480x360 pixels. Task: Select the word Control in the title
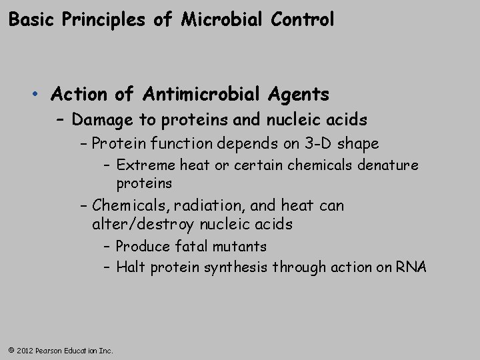point(303,20)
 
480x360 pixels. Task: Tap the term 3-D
point(317,143)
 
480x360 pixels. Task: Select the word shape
point(359,143)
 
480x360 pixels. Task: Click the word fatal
point(192,247)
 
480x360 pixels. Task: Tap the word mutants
point(240,247)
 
